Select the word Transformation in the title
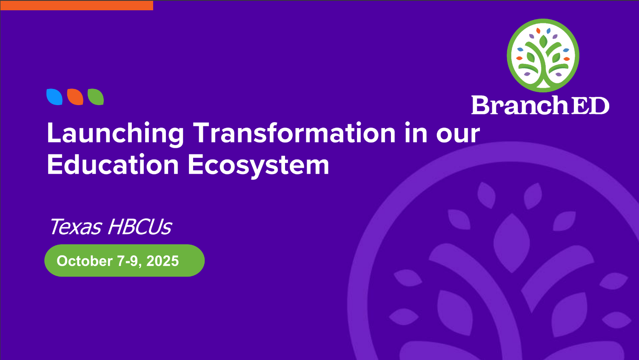point(294,132)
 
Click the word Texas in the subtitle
point(76,227)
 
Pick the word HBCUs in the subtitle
point(140,227)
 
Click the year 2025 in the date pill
point(163,261)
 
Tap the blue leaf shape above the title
point(54,97)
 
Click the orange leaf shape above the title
point(75,97)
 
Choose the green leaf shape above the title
point(96,97)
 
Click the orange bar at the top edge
point(77,6)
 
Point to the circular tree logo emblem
point(543,55)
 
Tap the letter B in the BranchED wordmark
point(481,105)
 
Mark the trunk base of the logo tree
point(542,83)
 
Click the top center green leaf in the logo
point(543,41)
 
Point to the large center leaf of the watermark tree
point(511,243)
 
